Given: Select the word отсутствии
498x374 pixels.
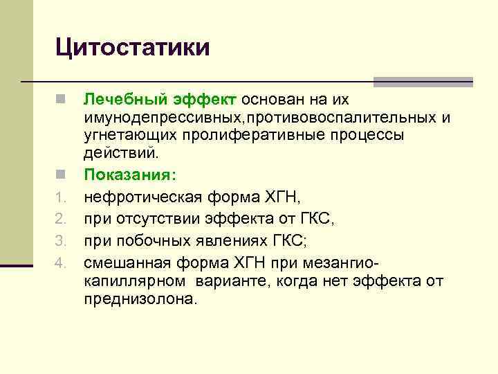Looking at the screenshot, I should (x=156, y=221).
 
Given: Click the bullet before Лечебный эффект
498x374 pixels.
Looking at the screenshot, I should (x=61, y=101).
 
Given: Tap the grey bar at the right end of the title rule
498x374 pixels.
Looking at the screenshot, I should (x=423, y=82).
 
